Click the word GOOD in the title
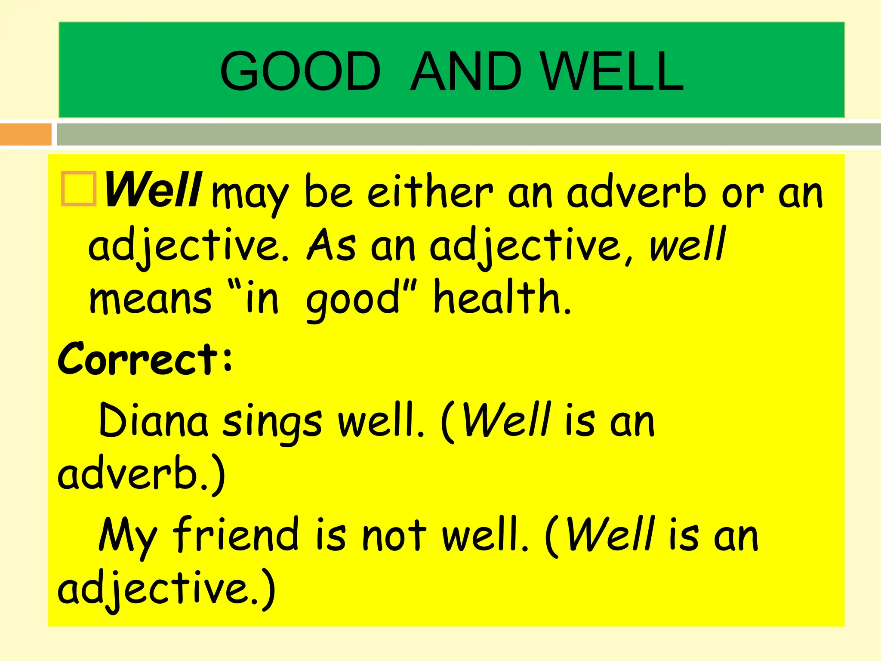tap(300, 71)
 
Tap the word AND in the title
tap(465, 71)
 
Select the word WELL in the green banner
tap(613, 71)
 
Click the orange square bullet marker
tap(78, 189)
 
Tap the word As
tap(331, 245)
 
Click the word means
tap(151, 299)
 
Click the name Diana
tap(153, 420)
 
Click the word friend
tap(235, 534)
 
